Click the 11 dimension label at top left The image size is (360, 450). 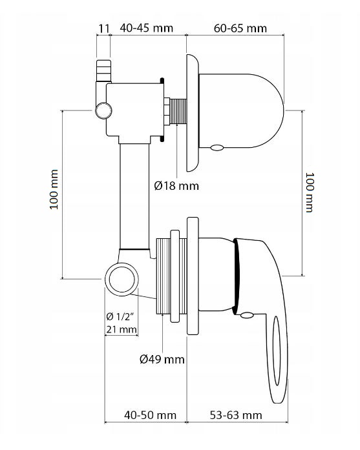(x=103, y=28)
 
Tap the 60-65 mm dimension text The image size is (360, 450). (x=239, y=28)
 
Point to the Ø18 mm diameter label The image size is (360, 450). (x=176, y=186)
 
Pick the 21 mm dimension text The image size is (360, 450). (x=121, y=330)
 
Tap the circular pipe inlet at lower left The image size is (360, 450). (x=122, y=280)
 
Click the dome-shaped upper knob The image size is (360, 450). (x=242, y=110)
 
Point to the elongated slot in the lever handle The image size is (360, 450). (x=275, y=355)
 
